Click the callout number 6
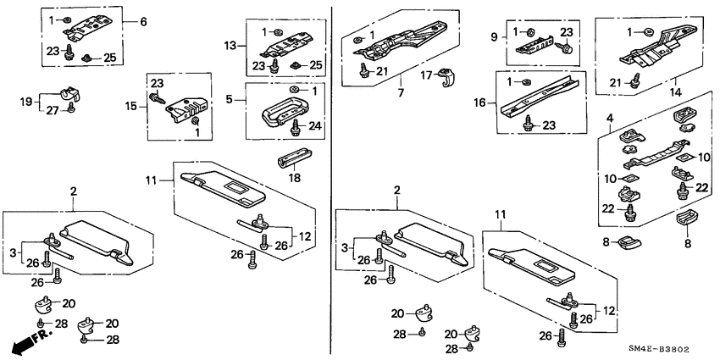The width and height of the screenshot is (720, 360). click(143, 21)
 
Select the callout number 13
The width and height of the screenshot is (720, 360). click(229, 44)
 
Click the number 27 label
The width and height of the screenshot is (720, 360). click(53, 110)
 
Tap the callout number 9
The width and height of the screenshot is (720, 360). click(493, 37)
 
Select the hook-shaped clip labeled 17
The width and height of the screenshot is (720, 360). click(446, 79)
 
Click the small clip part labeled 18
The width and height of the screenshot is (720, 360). click(286, 160)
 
